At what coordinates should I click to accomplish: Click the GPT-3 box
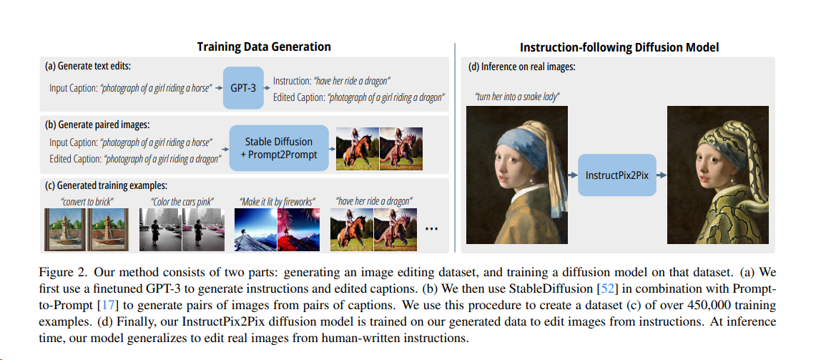click(243, 88)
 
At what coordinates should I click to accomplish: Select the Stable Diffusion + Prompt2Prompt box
click(279, 148)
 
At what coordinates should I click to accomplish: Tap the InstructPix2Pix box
click(618, 175)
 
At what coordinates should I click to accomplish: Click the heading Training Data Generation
click(264, 47)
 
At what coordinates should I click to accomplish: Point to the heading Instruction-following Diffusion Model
click(619, 48)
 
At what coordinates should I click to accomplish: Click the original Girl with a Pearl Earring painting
click(517, 175)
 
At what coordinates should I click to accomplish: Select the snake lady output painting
click(717, 175)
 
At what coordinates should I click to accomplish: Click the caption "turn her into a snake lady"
click(517, 97)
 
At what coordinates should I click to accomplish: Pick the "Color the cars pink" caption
click(182, 201)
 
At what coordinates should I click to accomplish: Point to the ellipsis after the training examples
click(432, 228)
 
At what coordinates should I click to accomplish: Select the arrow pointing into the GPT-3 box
click(217, 88)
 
